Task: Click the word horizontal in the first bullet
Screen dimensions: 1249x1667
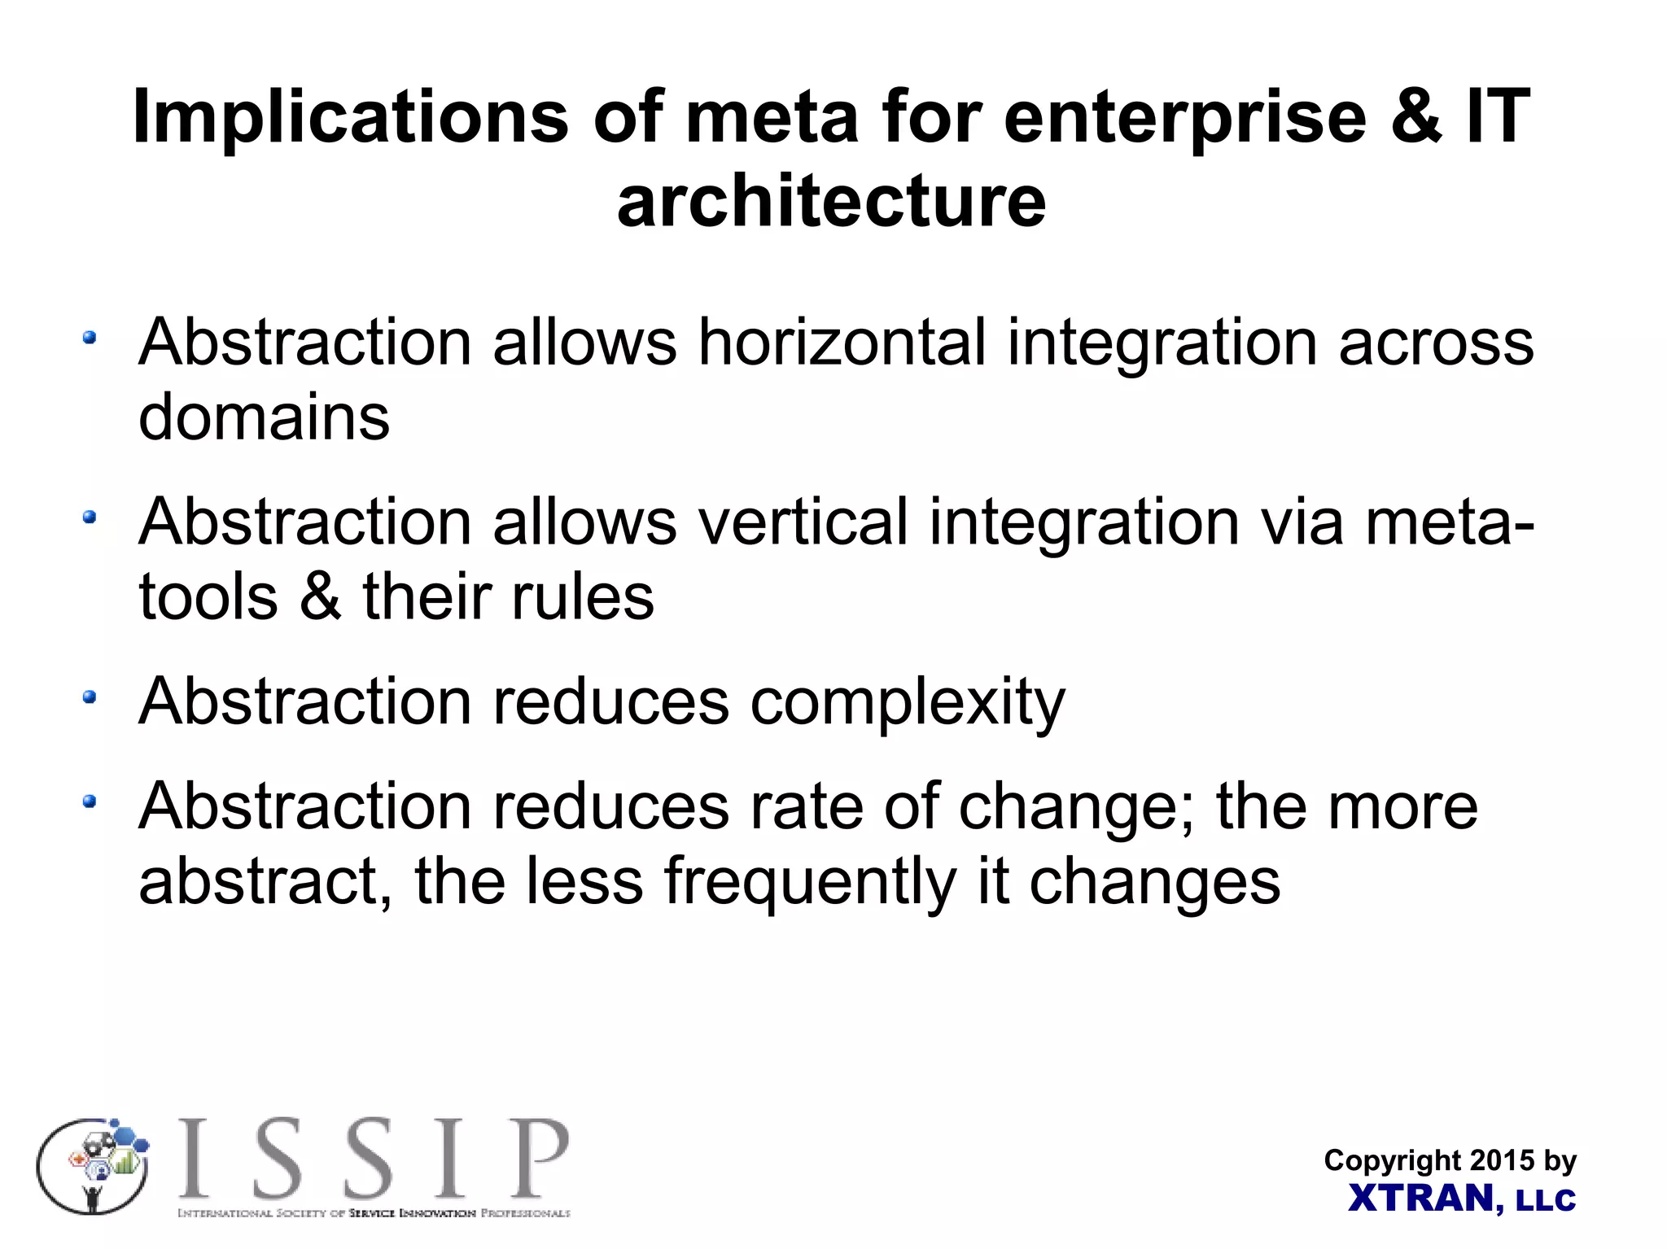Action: (x=842, y=343)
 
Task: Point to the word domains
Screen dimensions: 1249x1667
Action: (x=264, y=417)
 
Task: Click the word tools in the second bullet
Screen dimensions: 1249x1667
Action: (x=208, y=596)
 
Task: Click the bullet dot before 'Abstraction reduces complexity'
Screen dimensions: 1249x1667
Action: (x=90, y=697)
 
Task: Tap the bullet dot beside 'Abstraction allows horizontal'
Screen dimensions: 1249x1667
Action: (x=90, y=337)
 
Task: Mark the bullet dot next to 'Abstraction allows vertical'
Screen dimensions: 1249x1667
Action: (x=90, y=517)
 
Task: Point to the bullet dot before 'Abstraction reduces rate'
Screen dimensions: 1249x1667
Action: (x=90, y=802)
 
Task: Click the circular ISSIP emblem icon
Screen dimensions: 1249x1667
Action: (x=94, y=1166)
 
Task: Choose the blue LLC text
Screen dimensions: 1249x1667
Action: (x=1546, y=1200)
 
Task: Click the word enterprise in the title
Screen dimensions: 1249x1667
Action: (x=1185, y=118)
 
